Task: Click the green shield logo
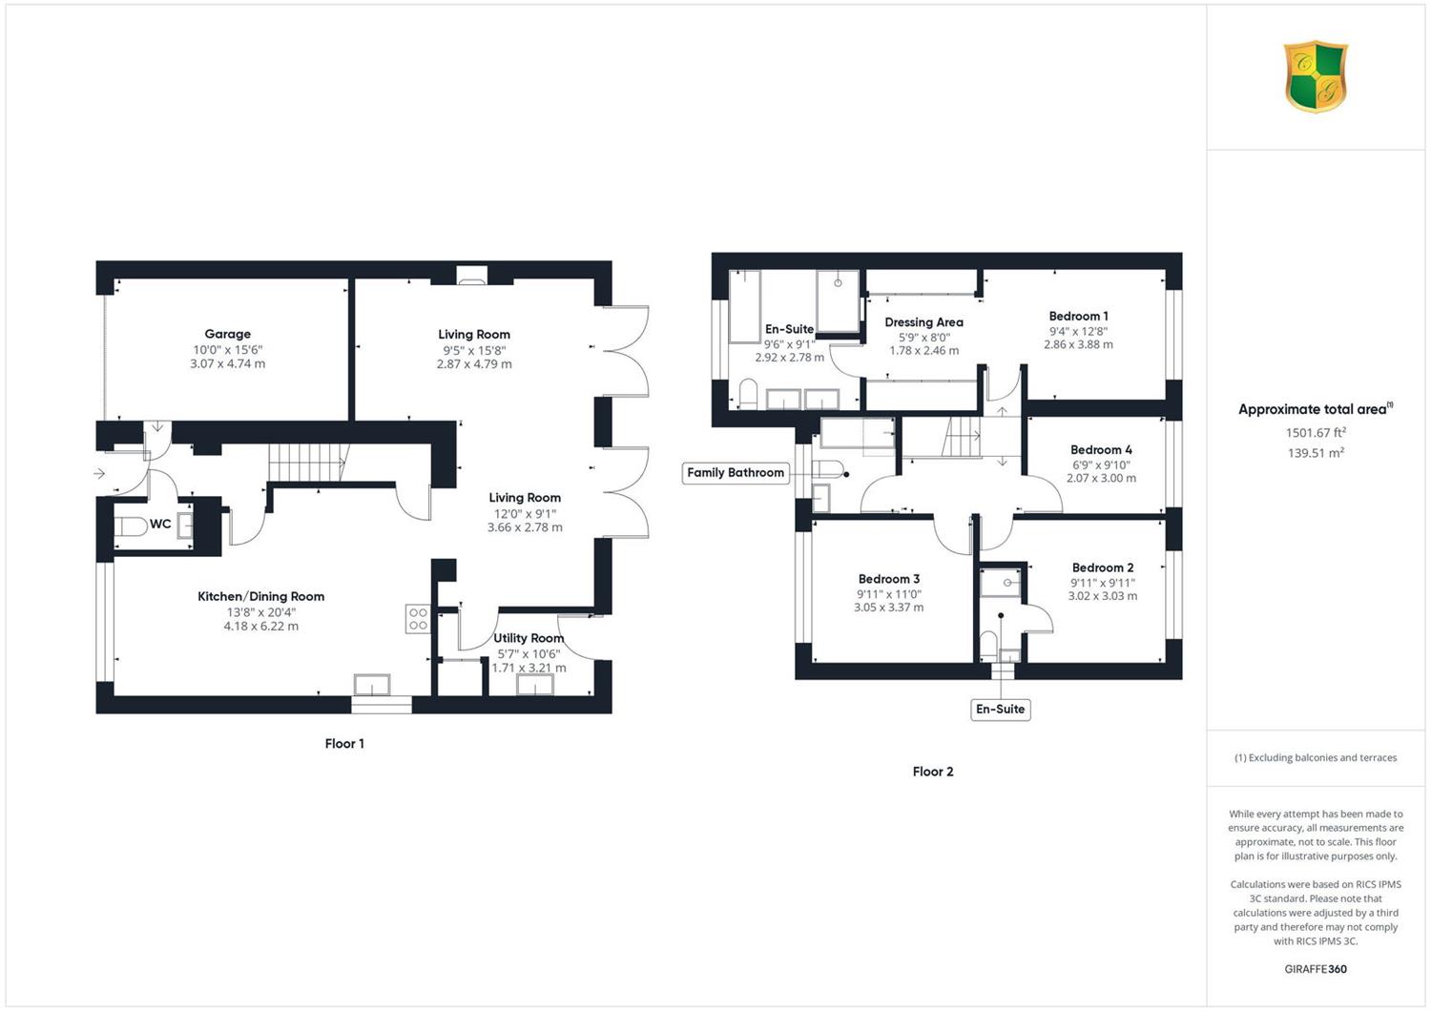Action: click(1316, 76)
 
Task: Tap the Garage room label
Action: click(227, 334)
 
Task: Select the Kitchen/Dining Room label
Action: click(260, 596)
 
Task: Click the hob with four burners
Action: click(418, 619)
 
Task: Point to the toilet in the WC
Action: click(131, 526)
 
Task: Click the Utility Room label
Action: click(529, 637)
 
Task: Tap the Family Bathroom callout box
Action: click(736, 473)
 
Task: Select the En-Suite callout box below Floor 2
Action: click(1001, 709)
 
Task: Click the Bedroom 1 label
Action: click(1078, 316)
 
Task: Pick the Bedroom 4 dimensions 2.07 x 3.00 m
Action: click(1101, 478)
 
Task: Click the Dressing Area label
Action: click(923, 321)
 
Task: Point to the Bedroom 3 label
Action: click(888, 579)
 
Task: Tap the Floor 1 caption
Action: click(344, 743)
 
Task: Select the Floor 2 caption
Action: click(933, 772)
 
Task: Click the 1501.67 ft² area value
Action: click(1316, 432)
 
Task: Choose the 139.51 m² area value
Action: click(1316, 453)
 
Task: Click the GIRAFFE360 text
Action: click(1316, 969)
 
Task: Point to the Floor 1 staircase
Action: click(308, 462)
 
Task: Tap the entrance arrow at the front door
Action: click(99, 473)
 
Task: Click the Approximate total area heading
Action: click(1316, 409)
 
